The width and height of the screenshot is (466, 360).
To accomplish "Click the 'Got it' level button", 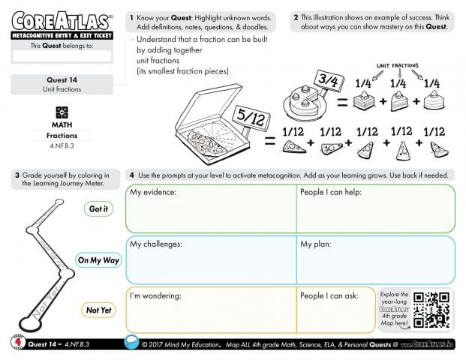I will pyautogui.click(x=98, y=209).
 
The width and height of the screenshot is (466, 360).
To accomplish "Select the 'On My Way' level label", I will pyautogui.click(x=99, y=260).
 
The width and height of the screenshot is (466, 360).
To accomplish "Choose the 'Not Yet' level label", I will pyautogui.click(x=98, y=310).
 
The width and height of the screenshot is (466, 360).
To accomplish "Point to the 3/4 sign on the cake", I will pyautogui.click(x=330, y=78).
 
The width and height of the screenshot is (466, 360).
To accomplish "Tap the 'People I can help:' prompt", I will pyautogui.click(x=331, y=193).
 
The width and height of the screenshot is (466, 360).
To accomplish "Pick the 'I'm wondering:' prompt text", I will pyautogui.click(x=155, y=295).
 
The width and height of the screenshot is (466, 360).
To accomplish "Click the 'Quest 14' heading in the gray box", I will pyautogui.click(x=62, y=79).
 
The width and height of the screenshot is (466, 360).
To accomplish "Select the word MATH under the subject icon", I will pyautogui.click(x=62, y=124).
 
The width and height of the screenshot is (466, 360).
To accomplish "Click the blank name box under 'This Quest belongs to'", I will pyautogui.click(x=62, y=56).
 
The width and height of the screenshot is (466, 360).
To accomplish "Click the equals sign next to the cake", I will pyautogui.click(x=341, y=101).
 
